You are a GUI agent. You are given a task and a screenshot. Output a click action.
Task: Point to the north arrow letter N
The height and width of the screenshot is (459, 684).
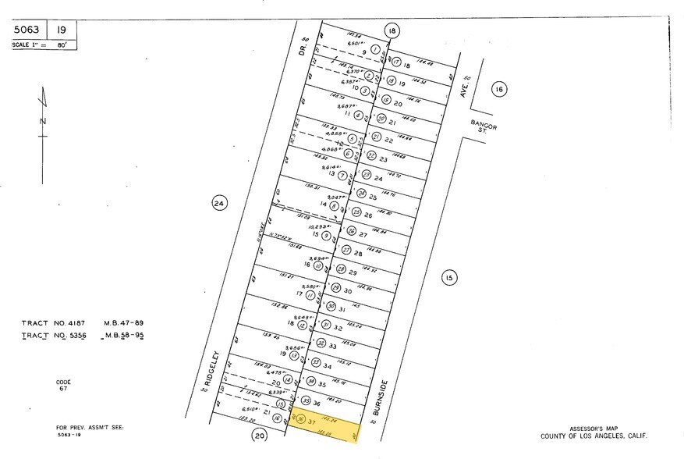pyautogui.click(x=44, y=120)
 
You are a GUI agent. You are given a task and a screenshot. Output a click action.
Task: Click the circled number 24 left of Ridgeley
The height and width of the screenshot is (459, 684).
pyautogui.click(x=219, y=204)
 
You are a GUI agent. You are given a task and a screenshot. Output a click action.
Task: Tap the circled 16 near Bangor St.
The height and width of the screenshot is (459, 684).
pyautogui.click(x=499, y=89)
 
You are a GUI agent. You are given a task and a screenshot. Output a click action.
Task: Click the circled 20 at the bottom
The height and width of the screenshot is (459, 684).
pyautogui.click(x=260, y=436)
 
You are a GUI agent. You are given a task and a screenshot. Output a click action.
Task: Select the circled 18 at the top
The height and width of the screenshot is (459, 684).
pyautogui.click(x=392, y=30)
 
